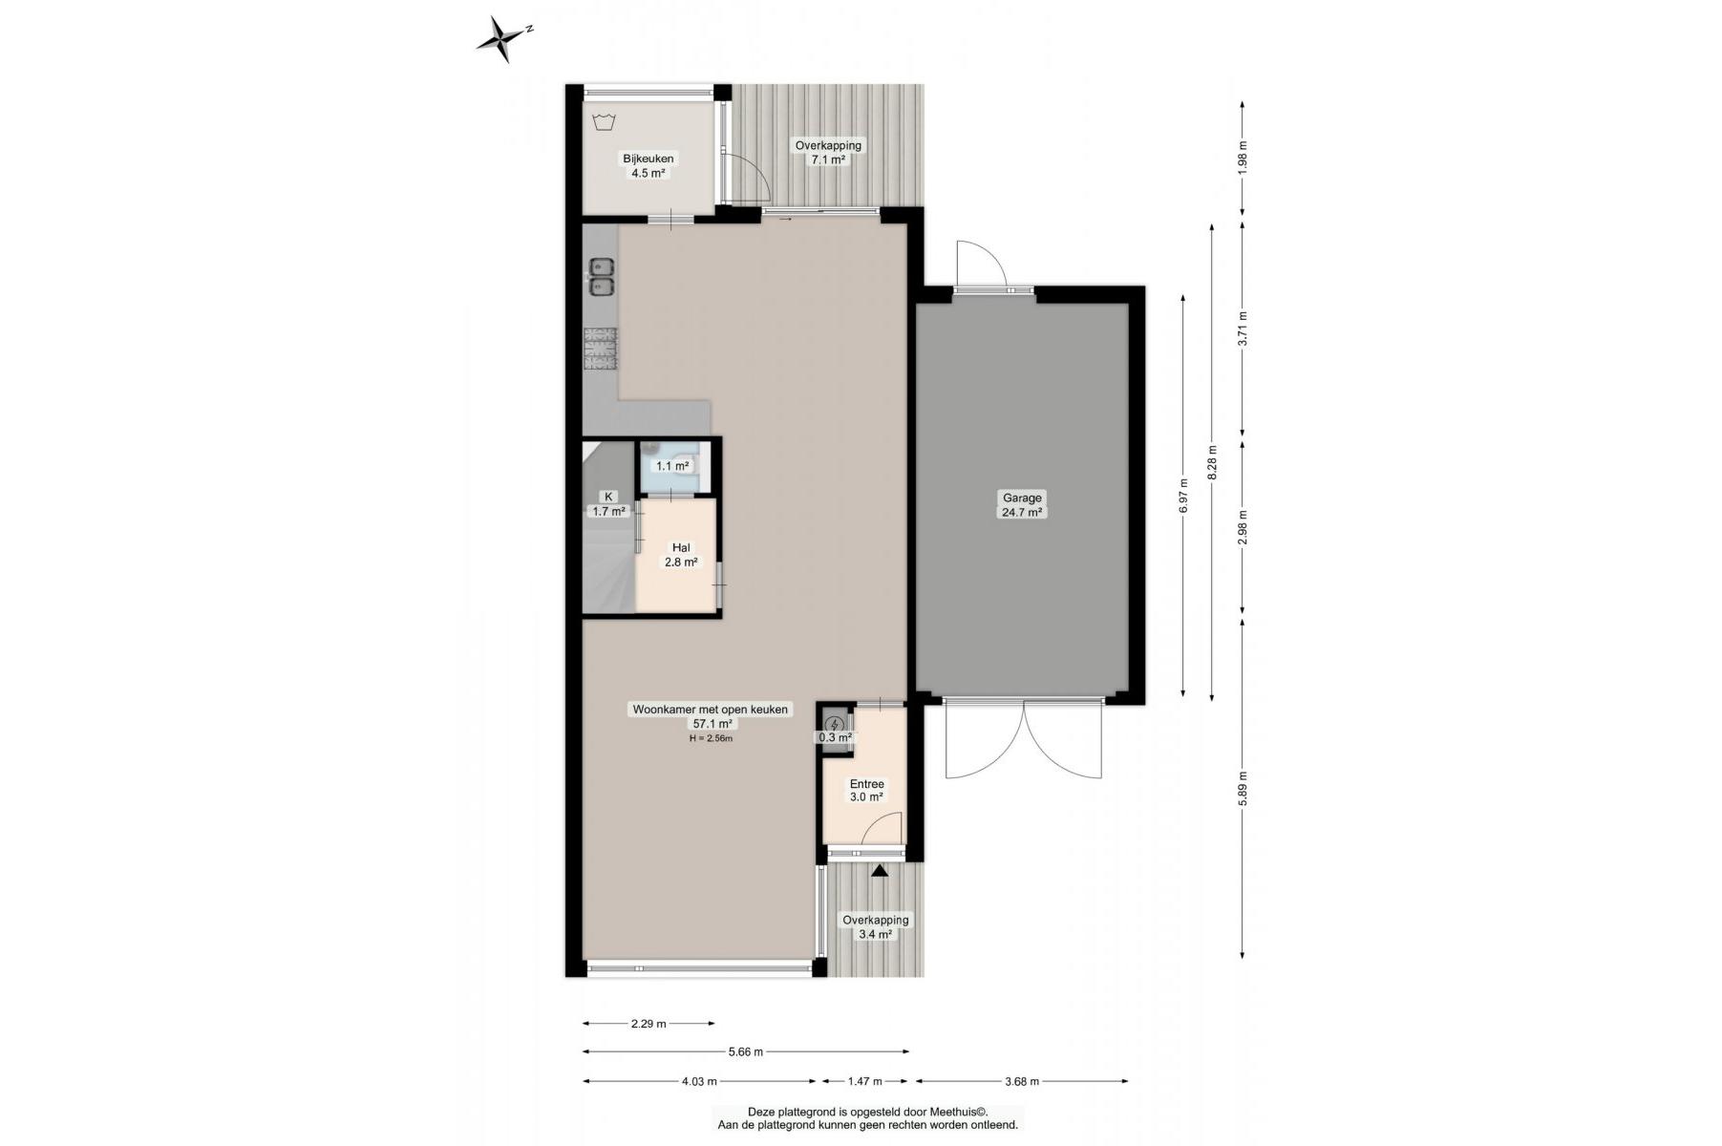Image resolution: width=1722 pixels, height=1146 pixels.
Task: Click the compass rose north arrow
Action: [502, 39]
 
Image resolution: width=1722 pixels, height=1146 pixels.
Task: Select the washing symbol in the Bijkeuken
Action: [603, 122]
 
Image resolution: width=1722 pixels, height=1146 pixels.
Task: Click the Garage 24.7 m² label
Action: [1022, 504]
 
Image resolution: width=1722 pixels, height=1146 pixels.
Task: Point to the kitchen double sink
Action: [601, 277]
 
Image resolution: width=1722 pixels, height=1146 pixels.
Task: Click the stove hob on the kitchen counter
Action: [601, 348]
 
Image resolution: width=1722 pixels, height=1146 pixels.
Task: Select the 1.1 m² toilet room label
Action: [672, 466]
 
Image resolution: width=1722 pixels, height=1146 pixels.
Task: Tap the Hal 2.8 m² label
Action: [681, 555]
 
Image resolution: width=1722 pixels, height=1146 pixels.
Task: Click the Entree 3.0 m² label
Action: [866, 790]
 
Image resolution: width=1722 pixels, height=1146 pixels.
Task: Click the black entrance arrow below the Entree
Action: [879, 870]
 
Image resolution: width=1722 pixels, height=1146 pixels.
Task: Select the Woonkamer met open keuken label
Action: [711, 710]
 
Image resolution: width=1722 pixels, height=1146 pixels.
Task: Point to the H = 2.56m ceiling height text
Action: [711, 738]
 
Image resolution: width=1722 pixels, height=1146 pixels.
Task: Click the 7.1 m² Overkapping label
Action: [828, 153]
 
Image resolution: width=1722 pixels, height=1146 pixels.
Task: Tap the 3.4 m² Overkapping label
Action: [876, 926]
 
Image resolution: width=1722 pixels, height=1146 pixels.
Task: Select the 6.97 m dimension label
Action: [1183, 496]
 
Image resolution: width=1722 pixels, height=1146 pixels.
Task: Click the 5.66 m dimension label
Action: [746, 1052]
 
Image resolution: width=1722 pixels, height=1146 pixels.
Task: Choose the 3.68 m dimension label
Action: [1022, 1081]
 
